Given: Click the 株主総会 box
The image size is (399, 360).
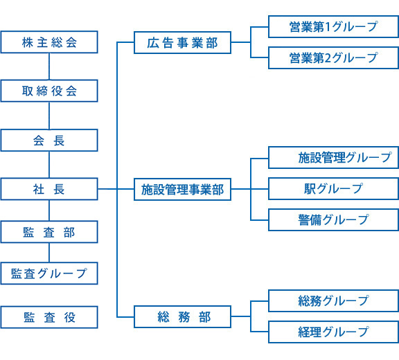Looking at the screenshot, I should click(x=49, y=42).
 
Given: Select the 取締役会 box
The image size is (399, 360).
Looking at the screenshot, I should click(x=49, y=91).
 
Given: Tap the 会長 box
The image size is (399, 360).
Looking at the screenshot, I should click(x=49, y=141).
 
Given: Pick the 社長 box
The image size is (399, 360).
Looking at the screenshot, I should click(x=49, y=189).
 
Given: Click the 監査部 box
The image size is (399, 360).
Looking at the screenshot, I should click(x=49, y=233).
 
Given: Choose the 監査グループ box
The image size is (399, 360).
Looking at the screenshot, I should click(x=49, y=273).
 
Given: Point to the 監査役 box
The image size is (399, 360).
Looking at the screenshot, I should click(x=49, y=317).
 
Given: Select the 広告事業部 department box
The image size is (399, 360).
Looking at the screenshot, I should click(x=182, y=43).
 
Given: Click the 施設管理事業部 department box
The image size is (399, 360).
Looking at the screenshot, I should click(x=182, y=189).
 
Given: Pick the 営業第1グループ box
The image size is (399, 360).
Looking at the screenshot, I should click(x=333, y=27).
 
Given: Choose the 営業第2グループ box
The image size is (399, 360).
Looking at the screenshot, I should click(x=333, y=57).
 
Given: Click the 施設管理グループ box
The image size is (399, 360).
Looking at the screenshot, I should click(x=333, y=158).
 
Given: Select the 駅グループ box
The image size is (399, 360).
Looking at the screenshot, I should click(x=333, y=189).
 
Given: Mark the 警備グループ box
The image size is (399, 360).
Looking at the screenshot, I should click(x=333, y=219).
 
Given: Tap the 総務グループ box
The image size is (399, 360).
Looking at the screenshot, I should click(x=333, y=301).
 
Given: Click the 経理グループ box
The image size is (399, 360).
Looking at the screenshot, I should click(x=333, y=332).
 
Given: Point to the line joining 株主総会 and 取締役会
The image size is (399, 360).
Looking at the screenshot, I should click(x=49, y=66).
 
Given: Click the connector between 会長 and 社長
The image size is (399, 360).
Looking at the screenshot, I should click(x=49, y=165).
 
